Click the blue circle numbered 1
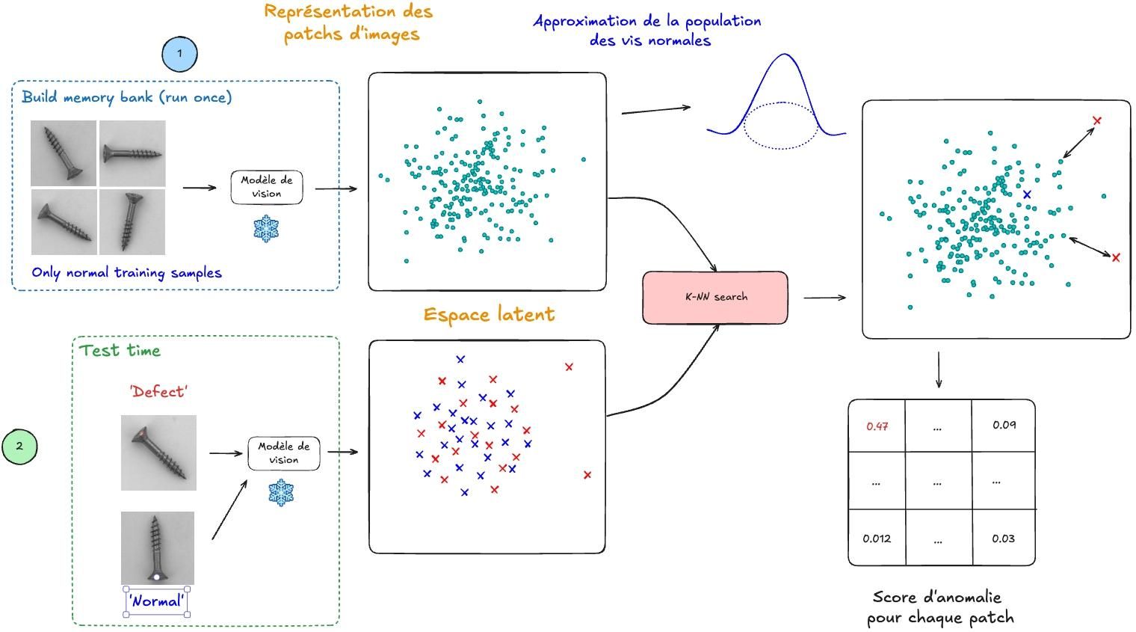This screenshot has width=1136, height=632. [x=179, y=54]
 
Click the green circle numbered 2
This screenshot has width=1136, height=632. [x=19, y=446]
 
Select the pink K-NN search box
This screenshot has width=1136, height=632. [x=715, y=297]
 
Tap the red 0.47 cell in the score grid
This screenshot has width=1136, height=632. [x=877, y=426]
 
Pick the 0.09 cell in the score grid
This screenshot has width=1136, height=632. [x=1004, y=425]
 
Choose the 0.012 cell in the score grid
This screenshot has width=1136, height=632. [x=877, y=539]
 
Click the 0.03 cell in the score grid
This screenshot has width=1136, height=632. [x=1003, y=539]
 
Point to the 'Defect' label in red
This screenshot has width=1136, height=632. [x=158, y=391]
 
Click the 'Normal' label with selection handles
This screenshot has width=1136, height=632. [x=156, y=601]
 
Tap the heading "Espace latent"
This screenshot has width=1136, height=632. [x=489, y=314]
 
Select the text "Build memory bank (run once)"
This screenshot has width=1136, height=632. [x=127, y=97]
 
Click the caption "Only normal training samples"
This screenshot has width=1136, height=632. [x=127, y=272]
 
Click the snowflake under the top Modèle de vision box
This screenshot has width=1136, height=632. [x=266, y=228]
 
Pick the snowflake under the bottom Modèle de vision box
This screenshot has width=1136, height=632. [x=281, y=492]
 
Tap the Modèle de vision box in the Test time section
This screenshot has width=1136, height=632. [x=284, y=453]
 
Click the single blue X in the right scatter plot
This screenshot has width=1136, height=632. [x=1027, y=194]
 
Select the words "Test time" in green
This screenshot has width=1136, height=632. [x=120, y=350]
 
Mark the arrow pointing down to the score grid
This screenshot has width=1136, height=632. [x=939, y=371]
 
